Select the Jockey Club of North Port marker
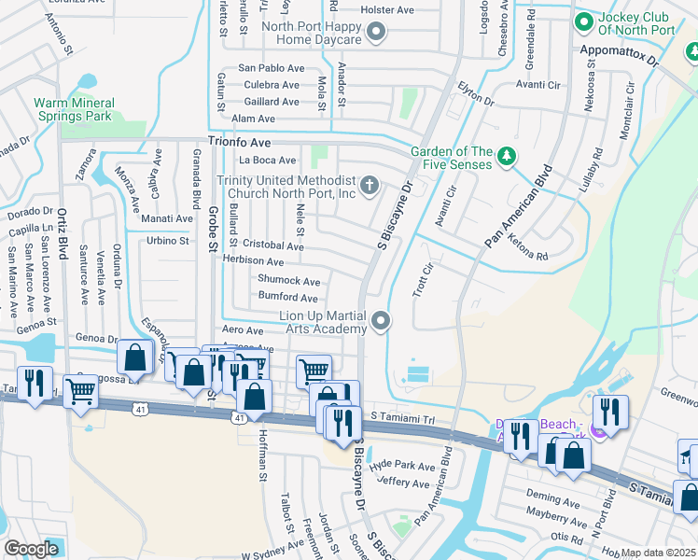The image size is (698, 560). pyautogui.click(x=585, y=20)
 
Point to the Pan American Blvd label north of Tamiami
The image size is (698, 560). pyautogui.click(x=518, y=208)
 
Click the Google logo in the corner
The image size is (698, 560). pyautogui.click(x=32, y=548)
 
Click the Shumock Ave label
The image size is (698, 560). pyautogui.click(x=288, y=281)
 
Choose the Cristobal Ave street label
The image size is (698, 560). pyautogui.click(x=272, y=246)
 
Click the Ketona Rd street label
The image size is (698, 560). pyautogui.click(x=527, y=246)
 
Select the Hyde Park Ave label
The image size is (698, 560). pyautogui.click(x=402, y=466)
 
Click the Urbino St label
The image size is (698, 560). pyautogui.click(x=168, y=241)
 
